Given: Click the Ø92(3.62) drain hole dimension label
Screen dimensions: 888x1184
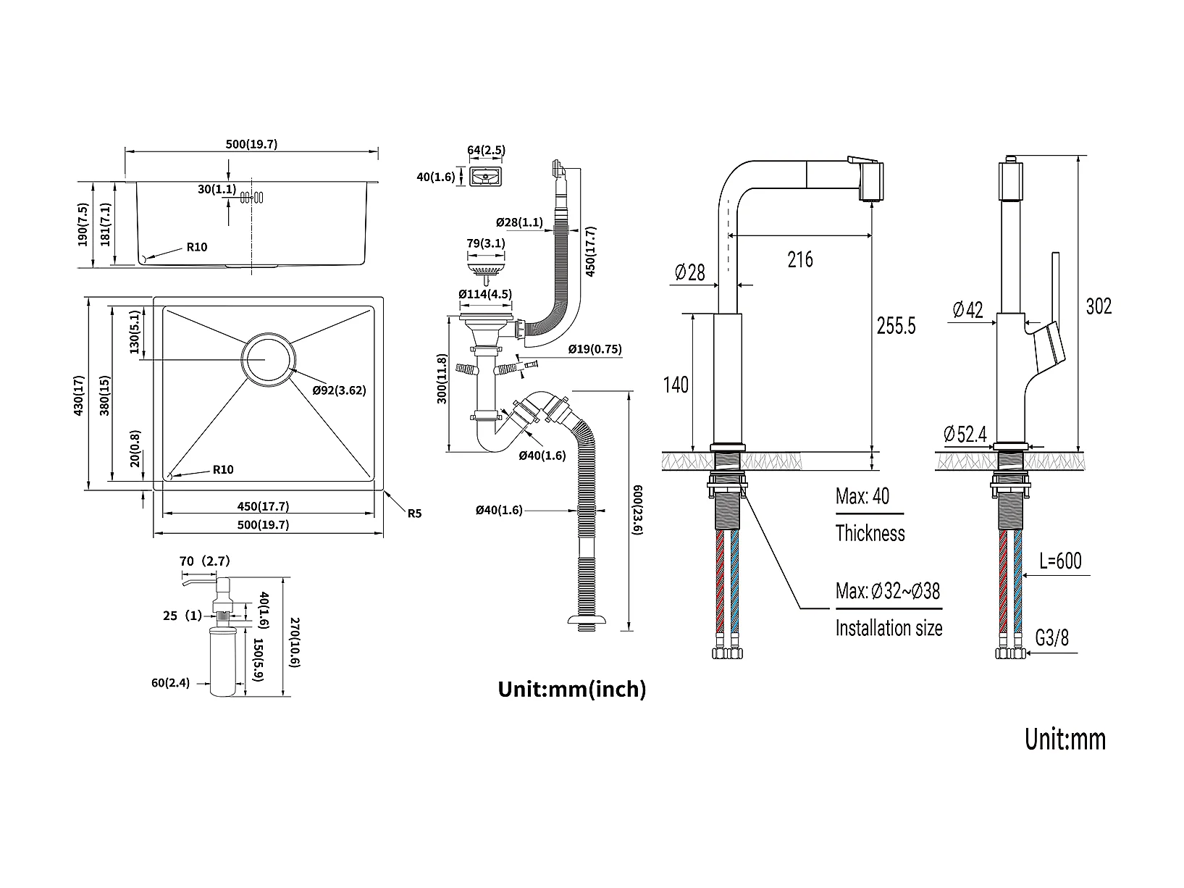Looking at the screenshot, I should [x=339, y=390].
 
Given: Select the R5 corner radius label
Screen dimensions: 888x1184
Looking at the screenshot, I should [x=414, y=514].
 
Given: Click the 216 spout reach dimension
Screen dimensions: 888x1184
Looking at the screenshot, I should [x=800, y=259].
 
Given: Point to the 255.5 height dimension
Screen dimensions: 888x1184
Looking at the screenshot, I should [x=896, y=326].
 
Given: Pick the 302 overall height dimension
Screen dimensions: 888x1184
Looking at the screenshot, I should [x=1099, y=306].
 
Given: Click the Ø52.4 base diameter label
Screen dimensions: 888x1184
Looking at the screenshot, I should [x=965, y=434].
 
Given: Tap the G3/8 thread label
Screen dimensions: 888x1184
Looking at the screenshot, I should [x=1051, y=638].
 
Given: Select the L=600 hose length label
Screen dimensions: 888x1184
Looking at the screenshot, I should [x=1060, y=561].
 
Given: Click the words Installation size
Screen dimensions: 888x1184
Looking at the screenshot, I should [x=889, y=627].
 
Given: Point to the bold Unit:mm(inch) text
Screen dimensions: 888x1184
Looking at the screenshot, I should [x=571, y=689].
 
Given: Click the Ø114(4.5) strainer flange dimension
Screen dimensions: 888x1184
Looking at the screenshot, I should [x=484, y=294].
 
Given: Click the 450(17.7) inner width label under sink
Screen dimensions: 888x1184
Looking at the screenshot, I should [x=268, y=507].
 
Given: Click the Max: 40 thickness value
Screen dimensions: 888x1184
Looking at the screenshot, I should [x=862, y=497].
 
